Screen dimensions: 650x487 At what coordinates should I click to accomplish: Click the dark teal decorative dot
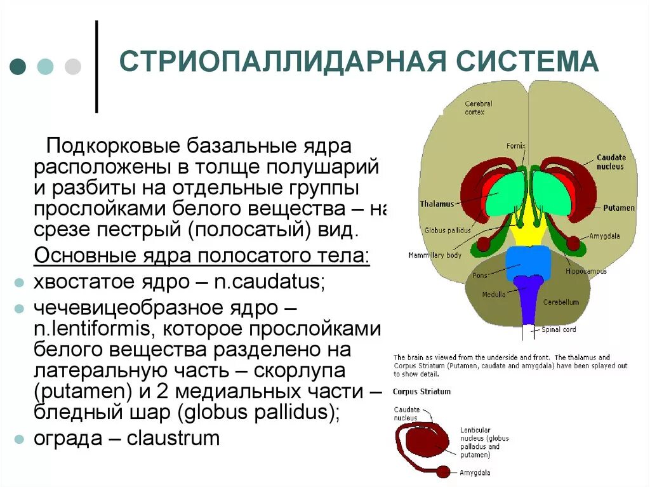pos(18,67)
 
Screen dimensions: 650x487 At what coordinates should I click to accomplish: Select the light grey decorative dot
pos(74,67)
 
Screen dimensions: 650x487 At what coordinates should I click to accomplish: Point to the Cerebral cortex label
pos(478,108)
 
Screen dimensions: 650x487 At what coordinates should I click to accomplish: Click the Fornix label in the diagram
pos(516,146)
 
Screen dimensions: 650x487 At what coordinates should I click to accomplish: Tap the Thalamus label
pos(437,204)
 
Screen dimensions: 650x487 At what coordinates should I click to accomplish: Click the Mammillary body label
pos(435,255)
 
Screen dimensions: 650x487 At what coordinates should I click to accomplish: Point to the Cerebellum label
pos(560,302)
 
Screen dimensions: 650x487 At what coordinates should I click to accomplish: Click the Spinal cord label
pos(558,330)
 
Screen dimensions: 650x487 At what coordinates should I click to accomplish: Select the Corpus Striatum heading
pos(421,392)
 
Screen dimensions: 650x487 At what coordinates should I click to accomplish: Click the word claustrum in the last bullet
pos(173,437)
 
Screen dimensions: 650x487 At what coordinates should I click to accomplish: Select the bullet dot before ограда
pos(20,439)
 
